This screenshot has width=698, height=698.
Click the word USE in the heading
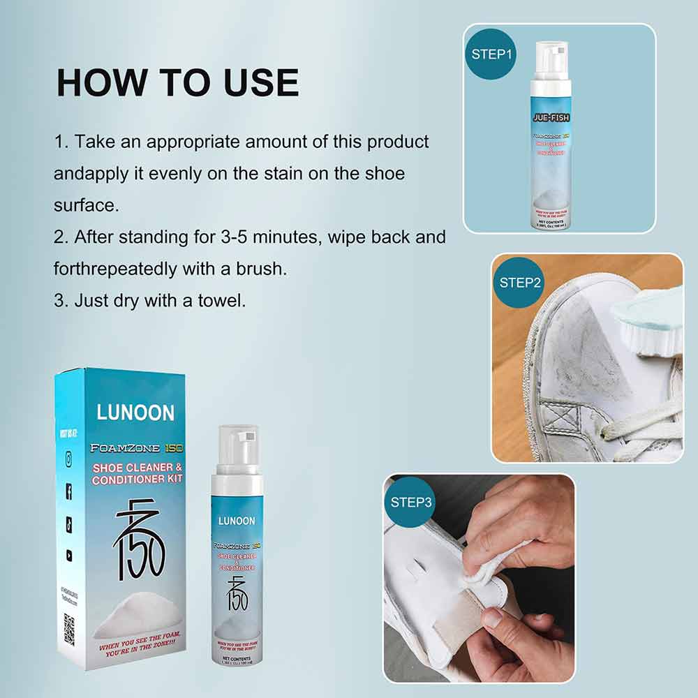(261, 82)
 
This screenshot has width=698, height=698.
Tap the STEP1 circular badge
(492, 54)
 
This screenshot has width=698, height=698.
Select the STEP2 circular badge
(520, 283)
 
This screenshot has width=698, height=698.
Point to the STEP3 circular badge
(411, 502)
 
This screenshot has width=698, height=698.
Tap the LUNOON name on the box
(135, 412)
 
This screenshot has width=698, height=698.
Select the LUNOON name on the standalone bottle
(237, 521)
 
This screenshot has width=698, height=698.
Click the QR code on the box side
(69, 628)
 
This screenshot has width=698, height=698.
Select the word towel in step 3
(218, 300)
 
